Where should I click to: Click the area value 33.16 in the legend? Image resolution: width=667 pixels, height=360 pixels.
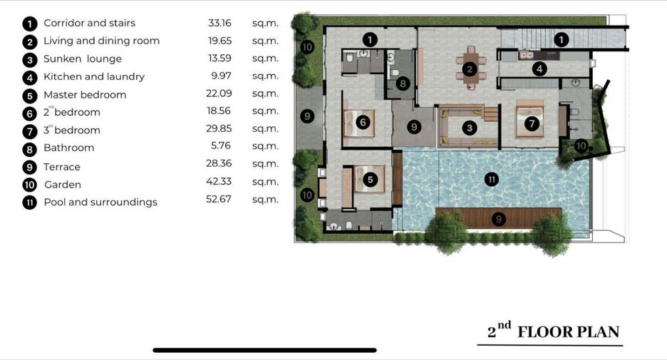(219, 23)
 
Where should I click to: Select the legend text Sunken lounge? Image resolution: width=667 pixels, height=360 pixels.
(83, 58)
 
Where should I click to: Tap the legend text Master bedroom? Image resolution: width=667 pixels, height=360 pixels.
(85, 95)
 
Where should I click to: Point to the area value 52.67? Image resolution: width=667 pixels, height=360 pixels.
(219, 199)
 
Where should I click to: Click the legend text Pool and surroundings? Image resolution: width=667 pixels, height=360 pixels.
(100, 202)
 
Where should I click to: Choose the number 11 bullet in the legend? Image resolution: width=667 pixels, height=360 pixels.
(30, 202)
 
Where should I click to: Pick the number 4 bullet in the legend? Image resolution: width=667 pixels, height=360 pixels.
(30, 78)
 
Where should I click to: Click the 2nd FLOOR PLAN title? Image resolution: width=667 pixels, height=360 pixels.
(553, 331)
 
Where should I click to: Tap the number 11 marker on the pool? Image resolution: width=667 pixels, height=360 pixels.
(492, 179)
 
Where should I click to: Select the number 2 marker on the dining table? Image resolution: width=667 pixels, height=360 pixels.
(470, 69)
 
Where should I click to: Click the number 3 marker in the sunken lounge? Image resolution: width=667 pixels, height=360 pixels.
(470, 128)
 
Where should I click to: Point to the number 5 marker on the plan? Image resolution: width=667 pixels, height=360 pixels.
(370, 180)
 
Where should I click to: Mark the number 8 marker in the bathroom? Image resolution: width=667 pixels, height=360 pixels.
(403, 83)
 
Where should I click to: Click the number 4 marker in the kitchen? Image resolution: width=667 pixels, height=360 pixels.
(540, 68)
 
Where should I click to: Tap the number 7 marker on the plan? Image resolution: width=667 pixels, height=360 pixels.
(532, 124)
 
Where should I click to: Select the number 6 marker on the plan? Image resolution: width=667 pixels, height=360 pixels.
(363, 123)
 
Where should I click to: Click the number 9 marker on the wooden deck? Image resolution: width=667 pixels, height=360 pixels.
(499, 219)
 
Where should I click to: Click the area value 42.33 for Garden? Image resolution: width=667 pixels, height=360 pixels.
(219, 182)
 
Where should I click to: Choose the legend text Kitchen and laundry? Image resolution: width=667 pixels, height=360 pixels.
(94, 76)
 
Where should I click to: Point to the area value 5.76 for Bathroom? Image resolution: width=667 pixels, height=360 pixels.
(221, 146)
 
